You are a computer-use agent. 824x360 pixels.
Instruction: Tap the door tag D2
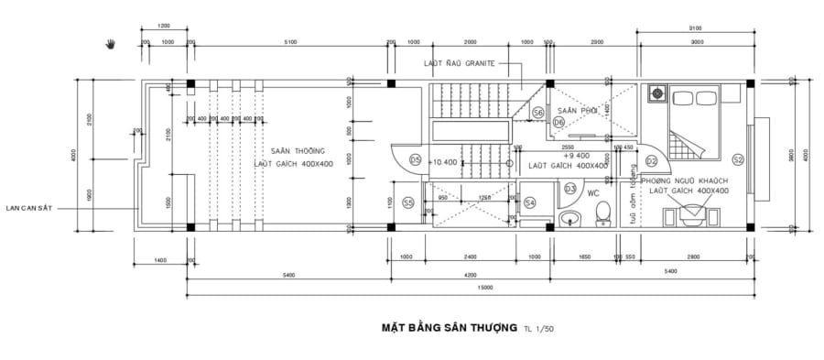(651, 161)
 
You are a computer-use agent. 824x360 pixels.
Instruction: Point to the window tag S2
(738, 159)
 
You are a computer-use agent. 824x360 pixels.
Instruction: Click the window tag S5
(408, 202)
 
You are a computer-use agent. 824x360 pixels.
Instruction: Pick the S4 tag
(531, 202)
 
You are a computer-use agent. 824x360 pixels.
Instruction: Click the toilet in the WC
(602, 213)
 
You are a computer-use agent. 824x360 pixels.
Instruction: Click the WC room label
(593, 193)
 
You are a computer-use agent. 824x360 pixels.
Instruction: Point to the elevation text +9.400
(574, 156)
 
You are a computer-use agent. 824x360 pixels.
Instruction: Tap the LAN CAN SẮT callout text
(27, 208)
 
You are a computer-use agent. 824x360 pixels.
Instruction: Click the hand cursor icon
(112, 42)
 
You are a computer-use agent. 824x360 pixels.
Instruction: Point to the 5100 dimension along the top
(289, 42)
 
